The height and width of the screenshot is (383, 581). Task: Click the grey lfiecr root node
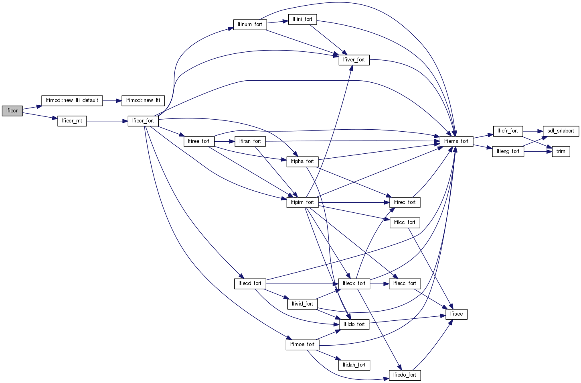[x=12, y=111]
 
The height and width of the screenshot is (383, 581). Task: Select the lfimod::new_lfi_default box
[x=72, y=100]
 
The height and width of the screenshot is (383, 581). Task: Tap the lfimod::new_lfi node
[x=143, y=100]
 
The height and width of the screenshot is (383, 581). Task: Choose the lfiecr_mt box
[x=72, y=121]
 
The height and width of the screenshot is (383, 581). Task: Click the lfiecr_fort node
[x=143, y=121]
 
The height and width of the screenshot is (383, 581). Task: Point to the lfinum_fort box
[x=250, y=24]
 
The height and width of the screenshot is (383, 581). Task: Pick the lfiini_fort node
[x=302, y=19]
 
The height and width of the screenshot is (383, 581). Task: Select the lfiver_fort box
[x=354, y=60]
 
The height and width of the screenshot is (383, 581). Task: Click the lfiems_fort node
[x=456, y=141]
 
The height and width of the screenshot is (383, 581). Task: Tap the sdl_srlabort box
[x=561, y=131]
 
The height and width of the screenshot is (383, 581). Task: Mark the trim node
[x=561, y=151]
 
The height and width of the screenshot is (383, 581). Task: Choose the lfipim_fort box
[x=302, y=202]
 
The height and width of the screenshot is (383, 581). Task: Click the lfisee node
[x=456, y=314]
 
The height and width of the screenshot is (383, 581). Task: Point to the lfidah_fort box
[x=354, y=365]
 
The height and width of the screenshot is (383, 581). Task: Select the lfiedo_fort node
[x=405, y=375]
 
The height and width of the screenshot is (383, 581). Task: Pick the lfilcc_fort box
[x=405, y=222]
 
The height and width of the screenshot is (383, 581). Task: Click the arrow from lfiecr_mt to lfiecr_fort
[x=107, y=121]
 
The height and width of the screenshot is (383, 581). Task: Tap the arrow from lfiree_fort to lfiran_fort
[x=225, y=141]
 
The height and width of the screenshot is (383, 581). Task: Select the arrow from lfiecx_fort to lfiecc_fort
[x=379, y=283]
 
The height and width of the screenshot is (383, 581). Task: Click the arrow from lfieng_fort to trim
[x=538, y=151]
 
